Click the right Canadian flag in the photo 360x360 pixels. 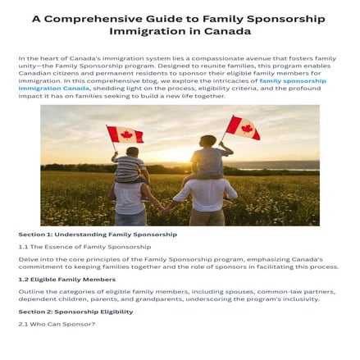(x=244, y=127)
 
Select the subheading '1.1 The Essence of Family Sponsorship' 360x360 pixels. (x=84, y=246)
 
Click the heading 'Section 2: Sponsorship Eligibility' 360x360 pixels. (x=75, y=312)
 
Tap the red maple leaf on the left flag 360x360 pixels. (x=126, y=134)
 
